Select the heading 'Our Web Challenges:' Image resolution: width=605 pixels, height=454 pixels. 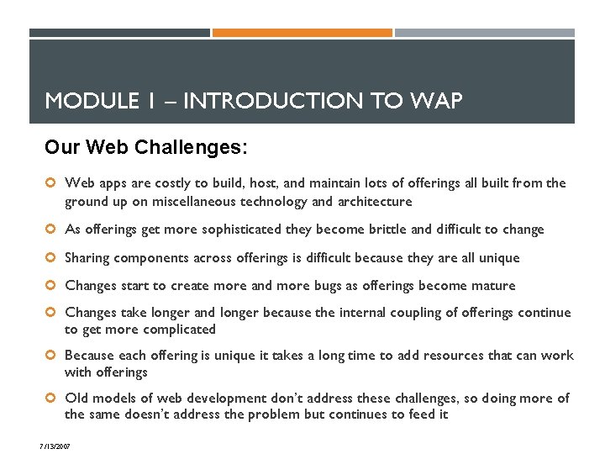146,148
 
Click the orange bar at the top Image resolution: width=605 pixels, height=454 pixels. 302,33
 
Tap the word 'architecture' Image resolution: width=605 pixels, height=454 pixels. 374,202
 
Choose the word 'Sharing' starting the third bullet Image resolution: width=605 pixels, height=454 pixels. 87,258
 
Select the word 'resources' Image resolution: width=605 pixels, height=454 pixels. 463,356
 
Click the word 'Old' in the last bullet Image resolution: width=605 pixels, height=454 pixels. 76,399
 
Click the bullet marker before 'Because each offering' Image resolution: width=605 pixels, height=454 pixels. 51,356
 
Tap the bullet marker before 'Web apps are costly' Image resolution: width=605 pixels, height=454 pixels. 51,183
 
